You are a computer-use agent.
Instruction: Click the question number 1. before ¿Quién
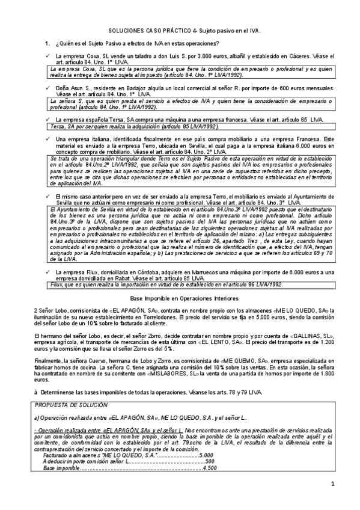tap(48, 43)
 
